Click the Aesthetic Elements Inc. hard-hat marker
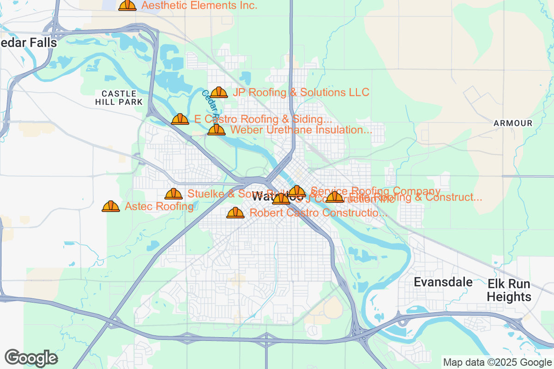click(127, 5)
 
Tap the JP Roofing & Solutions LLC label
click(301, 92)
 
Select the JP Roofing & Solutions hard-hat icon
click(219, 93)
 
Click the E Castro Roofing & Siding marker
click(180, 119)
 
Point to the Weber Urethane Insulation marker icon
click(217, 130)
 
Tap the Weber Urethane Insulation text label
click(301, 130)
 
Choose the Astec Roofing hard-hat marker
click(111, 206)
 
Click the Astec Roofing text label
click(159, 207)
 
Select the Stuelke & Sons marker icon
click(174, 194)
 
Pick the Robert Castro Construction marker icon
click(235, 213)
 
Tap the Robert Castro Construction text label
click(318, 213)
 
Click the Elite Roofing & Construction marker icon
click(335, 197)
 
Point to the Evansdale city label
click(443, 282)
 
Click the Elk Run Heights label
click(509, 290)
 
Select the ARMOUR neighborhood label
click(512, 123)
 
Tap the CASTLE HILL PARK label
click(119, 98)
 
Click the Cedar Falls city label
click(29, 43)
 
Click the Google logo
click(31, 358)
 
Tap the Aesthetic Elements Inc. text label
click(199, 6)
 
